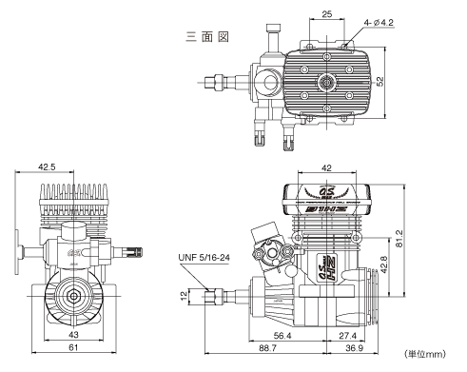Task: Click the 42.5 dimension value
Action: coord(45,166)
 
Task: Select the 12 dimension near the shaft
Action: coord(184,297)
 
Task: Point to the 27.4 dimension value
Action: coord(346,336)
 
